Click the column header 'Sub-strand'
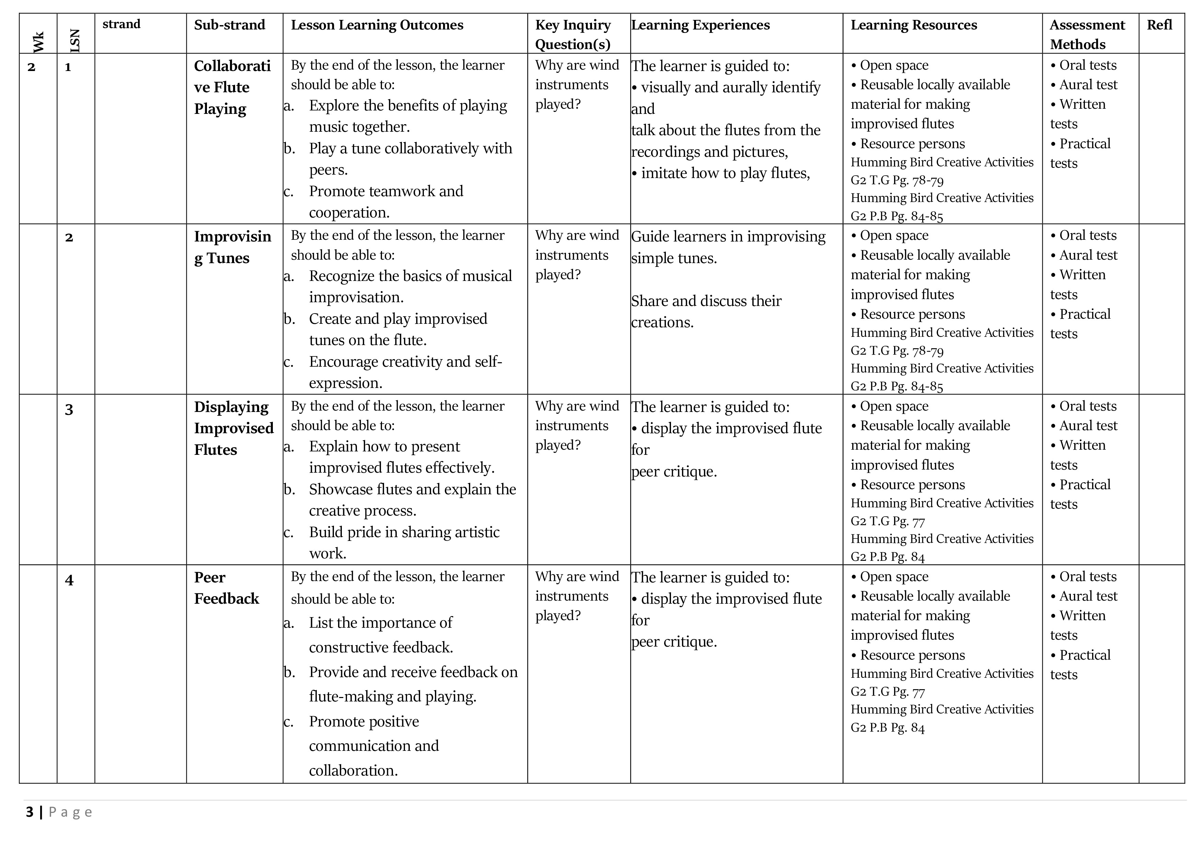(x=229, y=25)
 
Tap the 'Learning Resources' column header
(x=914, y=25)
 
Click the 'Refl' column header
(x=1159, y=25)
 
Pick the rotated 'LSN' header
(x=75, y=41)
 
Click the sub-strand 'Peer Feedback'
(x=226, y=588)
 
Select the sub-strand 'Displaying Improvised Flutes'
(x=233, y=428)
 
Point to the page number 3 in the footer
(x=30, y=812)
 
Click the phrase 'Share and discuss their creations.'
(x=706, y=311)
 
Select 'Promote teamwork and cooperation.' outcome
(x=386, y=202)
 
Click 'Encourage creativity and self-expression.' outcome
(x=405, y=372)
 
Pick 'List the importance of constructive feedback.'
(x=381, y=635)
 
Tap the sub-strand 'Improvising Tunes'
(x=232, y=247)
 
